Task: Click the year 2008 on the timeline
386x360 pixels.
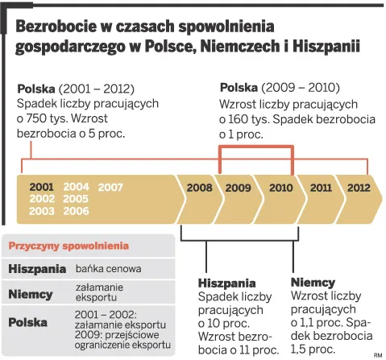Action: pyautogui.click(x=199, y=188)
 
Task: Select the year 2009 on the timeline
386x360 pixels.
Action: pyautogui.click(x=238, y=188)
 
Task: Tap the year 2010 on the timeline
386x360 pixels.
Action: pyautogui.click(x=280, y=188)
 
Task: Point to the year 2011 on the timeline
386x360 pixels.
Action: pyautogui.click(x=321, y=188)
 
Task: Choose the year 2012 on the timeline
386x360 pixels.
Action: pyautogui.click(x=359, y=188)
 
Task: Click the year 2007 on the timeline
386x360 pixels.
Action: pyautogui.click(x=110, y=188)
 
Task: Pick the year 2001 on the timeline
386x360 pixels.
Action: pyautogui.click(x=42, y=188)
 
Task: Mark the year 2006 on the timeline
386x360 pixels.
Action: pyautogui.click(x=76, y=211)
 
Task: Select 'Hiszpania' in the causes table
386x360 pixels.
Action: pyautogui.click(x=37, y=268)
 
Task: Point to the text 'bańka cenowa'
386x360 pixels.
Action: pyautogui.click(x=108, y=268)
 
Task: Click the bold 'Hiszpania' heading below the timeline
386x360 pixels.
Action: pyautogui.click(x=226, y=283)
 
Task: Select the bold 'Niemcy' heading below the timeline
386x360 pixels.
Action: pyautogui.click(x=313, y=283)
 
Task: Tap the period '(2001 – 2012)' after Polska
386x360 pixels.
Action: pyautogui.click(x=96, y=88)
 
